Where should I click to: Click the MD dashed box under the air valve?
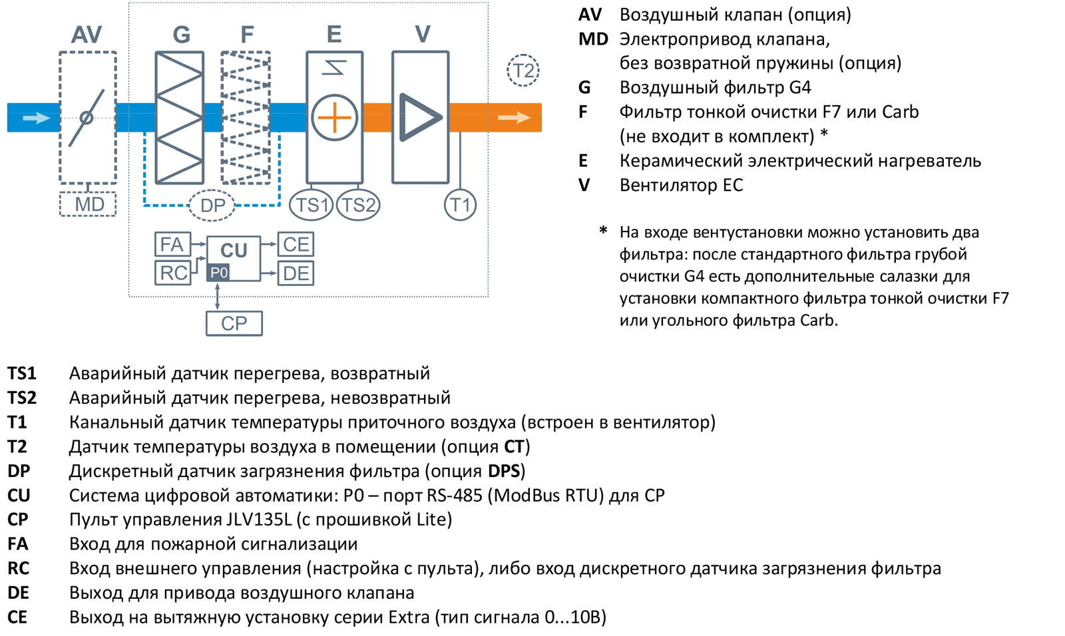click(88, 204)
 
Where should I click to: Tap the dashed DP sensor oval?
click(212, 206)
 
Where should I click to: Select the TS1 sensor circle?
click(312, 205)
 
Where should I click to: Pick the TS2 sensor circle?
click(358, 205)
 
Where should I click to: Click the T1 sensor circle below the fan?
click(460, 205)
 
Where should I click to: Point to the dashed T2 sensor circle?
click(523, 71)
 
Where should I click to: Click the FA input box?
click(172, 244)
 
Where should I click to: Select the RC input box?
click(172, 273)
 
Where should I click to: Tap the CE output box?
click(296, 244)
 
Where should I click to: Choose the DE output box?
click(296, 273)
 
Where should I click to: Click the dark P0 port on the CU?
click(218, 273)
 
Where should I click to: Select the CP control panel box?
click(234, 323)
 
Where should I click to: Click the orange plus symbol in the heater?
click(334, 118)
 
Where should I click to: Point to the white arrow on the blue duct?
click(36, 118)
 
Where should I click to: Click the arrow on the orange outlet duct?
click(514, 118)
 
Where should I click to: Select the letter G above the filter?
click(181, 34)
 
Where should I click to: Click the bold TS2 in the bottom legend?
click(22, 398)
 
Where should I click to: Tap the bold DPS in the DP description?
click(504, 471)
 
